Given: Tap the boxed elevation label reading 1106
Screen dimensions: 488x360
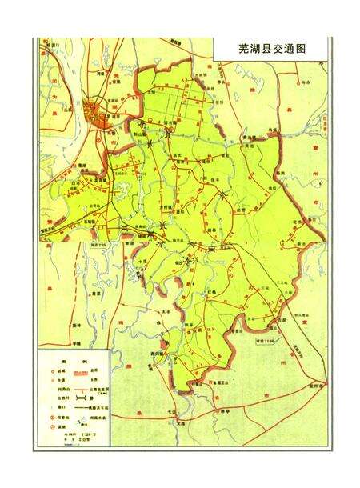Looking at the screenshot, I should (x=264, y=339).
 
